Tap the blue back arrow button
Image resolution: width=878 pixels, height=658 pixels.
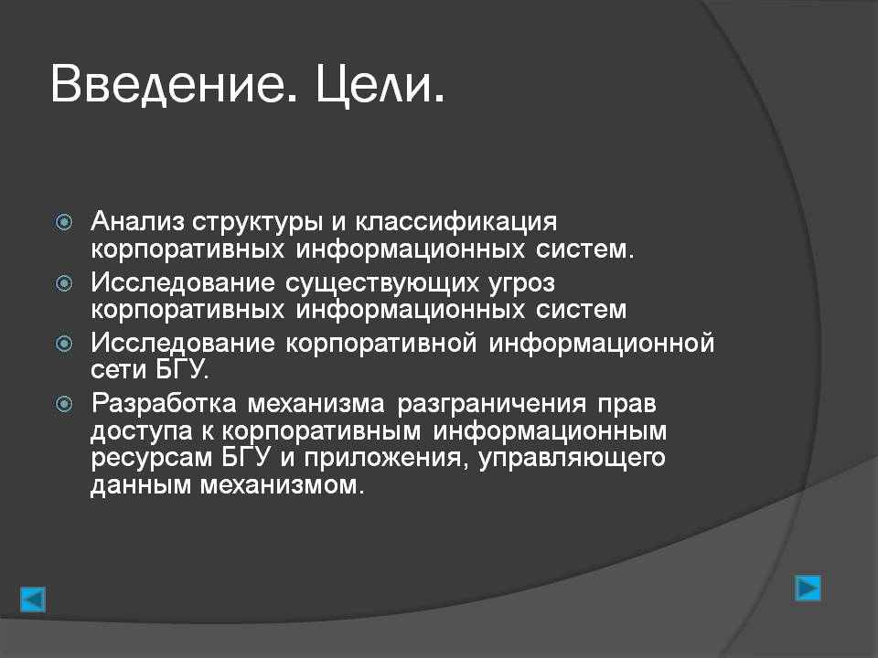pos(33,600)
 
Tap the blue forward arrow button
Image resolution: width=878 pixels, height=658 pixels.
pos(808,588)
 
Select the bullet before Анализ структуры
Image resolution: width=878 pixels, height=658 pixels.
pos(64,223)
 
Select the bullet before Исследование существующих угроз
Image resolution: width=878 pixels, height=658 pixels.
pos(64,283)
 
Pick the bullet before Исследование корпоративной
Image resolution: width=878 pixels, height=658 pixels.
pos(64,343)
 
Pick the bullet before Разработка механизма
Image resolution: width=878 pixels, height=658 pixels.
pos(64,404)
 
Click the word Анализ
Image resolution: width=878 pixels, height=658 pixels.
pos(137,221)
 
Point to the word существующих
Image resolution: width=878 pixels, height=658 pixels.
pos(381,284)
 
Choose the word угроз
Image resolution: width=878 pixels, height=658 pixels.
pos(521,284)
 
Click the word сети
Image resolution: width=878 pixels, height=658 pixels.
pos(118,370)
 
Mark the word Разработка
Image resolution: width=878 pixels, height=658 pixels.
pos(164,403)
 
